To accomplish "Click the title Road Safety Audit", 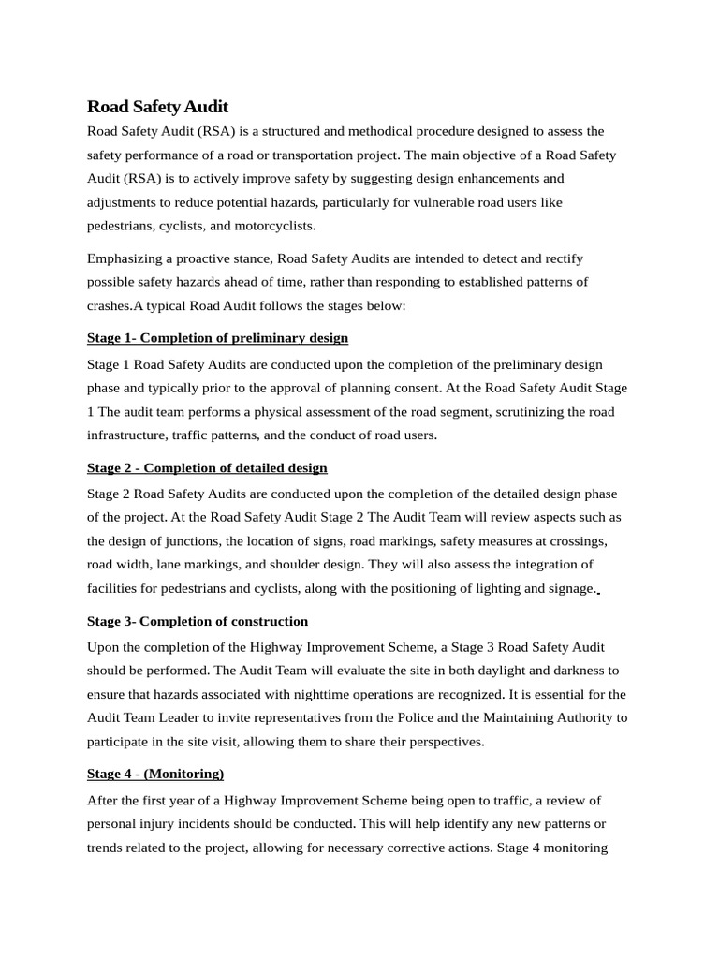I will click(x=157, y=107).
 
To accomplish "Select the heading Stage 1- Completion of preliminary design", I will click(x=217, y=337).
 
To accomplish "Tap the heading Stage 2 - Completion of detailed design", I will click(x=207, y=467).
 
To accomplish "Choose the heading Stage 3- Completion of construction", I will click(x=198, y=621).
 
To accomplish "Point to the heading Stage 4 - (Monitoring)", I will click(x=155, y=774).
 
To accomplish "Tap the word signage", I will click(x=567, y=588).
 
